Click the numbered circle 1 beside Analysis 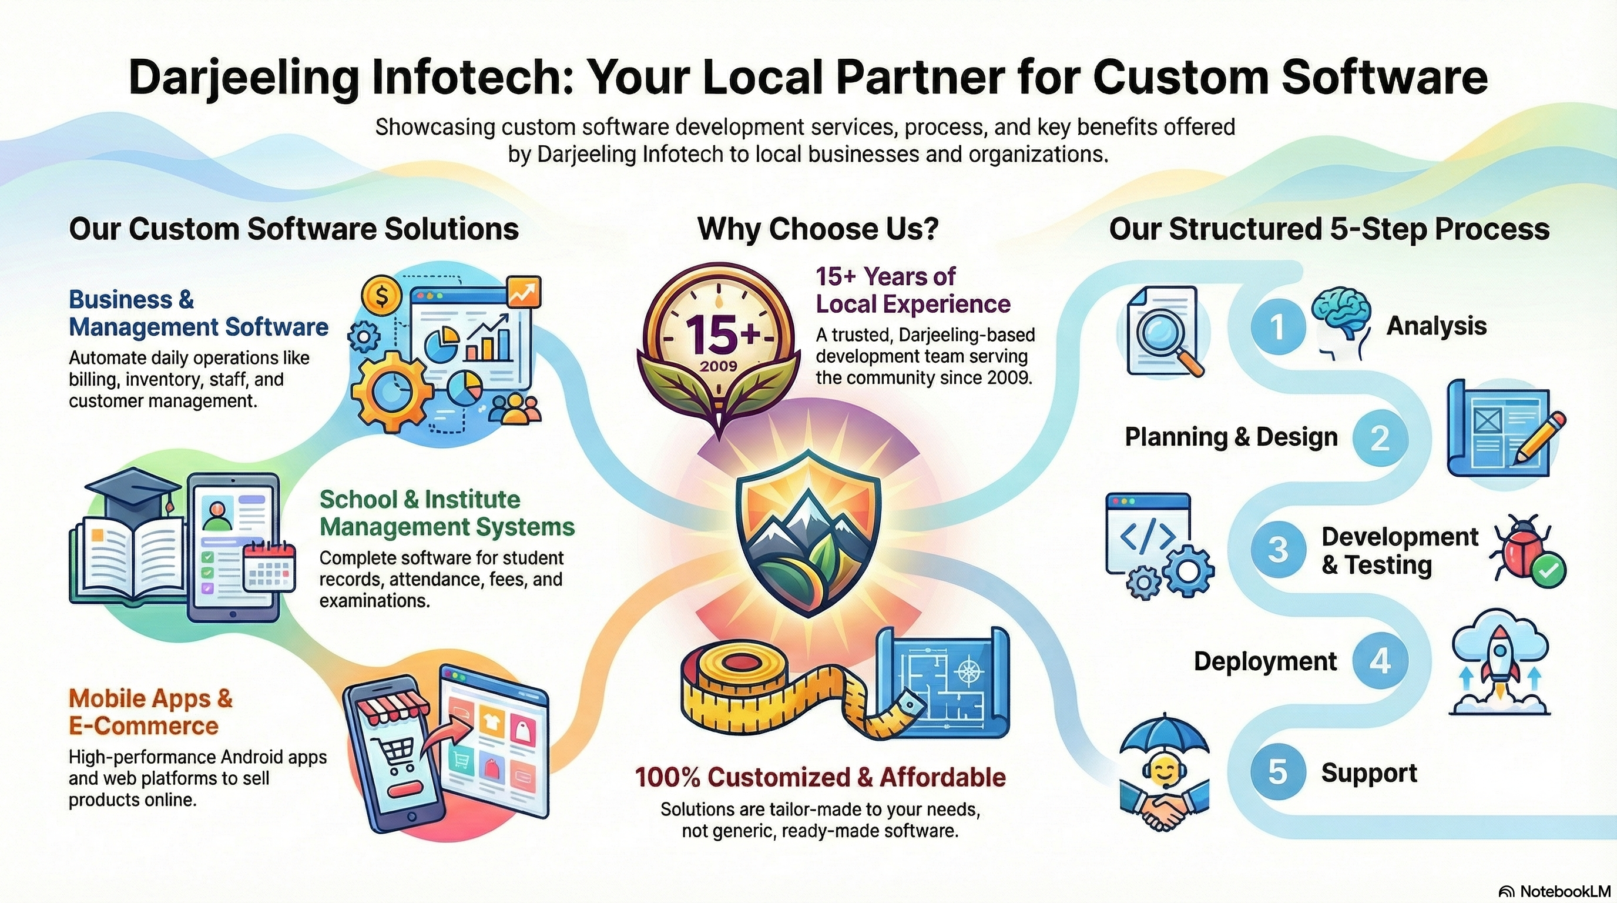[1277, 326]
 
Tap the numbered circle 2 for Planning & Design [1380, 438]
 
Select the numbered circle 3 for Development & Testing [1277, 550]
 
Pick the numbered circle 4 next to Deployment [1380, 661]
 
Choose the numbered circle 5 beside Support [1277, 772]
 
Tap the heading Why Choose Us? [817, 229]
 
